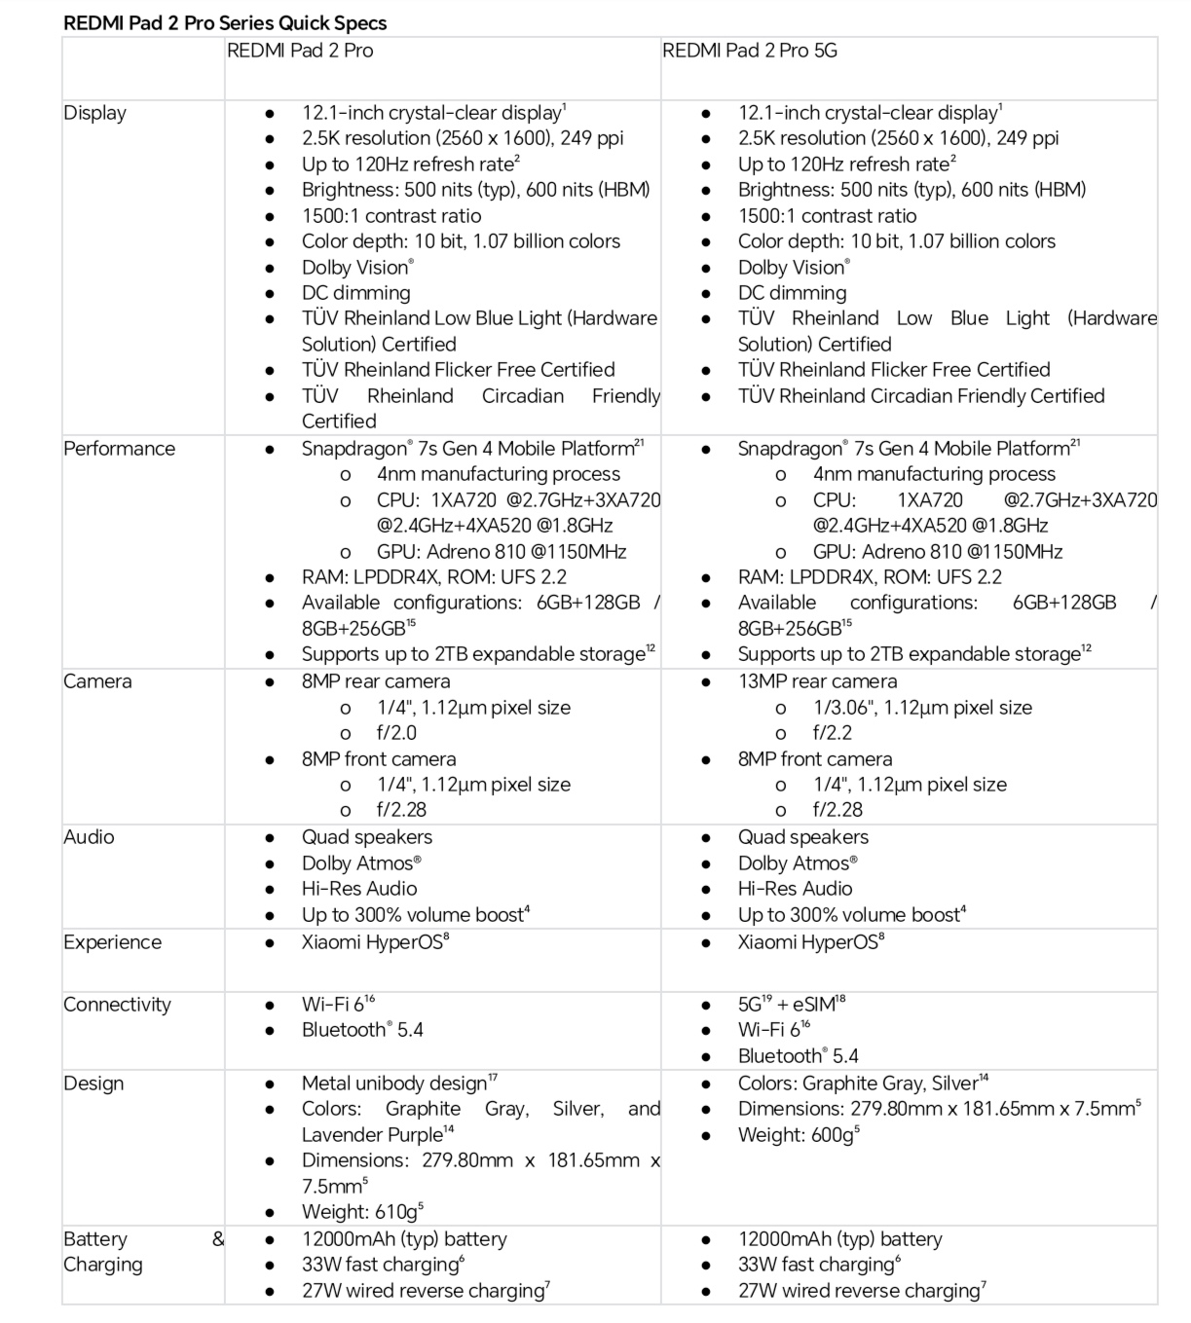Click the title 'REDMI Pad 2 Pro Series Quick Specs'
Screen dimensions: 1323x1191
[225, 22]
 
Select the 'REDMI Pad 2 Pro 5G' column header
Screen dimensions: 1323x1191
[749, 51]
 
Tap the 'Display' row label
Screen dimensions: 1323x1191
[94, 113]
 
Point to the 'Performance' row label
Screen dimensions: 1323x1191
[119, 449]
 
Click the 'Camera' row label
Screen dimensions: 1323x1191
[97, 681]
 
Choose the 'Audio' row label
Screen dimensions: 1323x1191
[89, 837]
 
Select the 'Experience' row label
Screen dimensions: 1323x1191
[112, 942]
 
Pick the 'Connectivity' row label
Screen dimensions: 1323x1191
[117, 1005]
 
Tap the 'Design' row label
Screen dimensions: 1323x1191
[93, 1084]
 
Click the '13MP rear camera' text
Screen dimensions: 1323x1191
[817, 681]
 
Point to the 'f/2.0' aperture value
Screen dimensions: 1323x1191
[396, 733]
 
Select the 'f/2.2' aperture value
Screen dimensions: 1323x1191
[833, 733]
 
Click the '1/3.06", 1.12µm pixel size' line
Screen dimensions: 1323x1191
[922, 708]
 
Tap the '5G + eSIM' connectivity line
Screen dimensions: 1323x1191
[791, 1005]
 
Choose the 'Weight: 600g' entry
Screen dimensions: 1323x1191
[798, 1135]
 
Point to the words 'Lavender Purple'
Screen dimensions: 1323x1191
[377, 1135]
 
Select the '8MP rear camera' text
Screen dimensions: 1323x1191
[376, 681]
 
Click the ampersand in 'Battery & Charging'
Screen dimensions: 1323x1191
[217, 1239]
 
